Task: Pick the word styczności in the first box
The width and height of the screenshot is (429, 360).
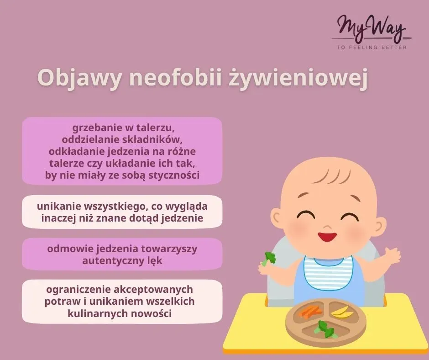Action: click(175, 175)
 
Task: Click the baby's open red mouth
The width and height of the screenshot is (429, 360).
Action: click(327, 237)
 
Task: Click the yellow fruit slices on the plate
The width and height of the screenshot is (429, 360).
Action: click(342, 312)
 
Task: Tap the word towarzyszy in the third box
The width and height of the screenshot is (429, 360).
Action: click(172, 249)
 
